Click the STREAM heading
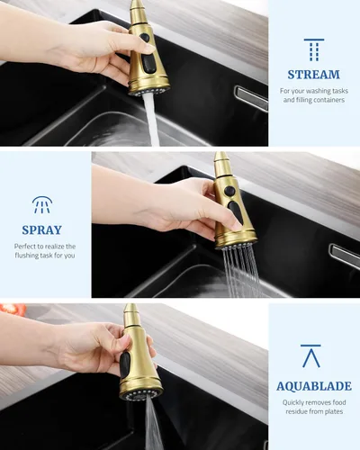[x=314, y=75]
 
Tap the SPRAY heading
[x=41, y=230]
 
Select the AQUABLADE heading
[x=314, y=386]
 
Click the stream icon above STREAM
[x=314, y=49]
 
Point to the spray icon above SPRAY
[x=42, y=205]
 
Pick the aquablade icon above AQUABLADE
[x=310, y=356]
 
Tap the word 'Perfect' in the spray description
[x=25, y=247]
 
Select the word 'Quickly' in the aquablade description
[x=293, y=402]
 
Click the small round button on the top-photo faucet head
[x=144, y=38]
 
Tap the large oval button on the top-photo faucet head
[x=148, y=63]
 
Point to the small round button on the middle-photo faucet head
[x=229, y=191]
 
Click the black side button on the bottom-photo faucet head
[x=125, y=364]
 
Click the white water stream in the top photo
[x=151, y=120]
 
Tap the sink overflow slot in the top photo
[x=251, y=98]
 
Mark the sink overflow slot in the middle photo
[x=345, y=256]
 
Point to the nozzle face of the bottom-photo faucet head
[x=141, y=394]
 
